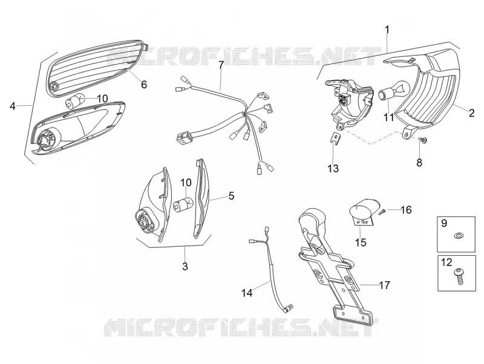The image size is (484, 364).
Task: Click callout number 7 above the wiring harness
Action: (221, 65)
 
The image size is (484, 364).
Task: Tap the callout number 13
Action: (333, 169)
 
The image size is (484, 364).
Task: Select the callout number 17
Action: (384, 285)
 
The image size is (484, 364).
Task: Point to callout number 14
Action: (247, 293)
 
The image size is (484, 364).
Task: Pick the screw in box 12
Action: (459, 276)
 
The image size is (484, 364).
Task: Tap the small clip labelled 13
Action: (335, 137)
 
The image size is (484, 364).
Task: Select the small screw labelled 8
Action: (422, 141)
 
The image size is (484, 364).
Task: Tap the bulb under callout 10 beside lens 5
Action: (183, 205)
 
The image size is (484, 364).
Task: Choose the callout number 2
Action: (471, 113)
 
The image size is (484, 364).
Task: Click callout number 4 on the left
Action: (12, 106)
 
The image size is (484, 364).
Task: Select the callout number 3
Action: (185, 266)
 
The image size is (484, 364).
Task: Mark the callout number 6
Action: (144, 84)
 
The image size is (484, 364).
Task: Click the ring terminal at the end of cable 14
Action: (289, 308)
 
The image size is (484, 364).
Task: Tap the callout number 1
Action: (387, 30)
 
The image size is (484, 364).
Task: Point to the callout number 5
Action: (231, 195)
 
